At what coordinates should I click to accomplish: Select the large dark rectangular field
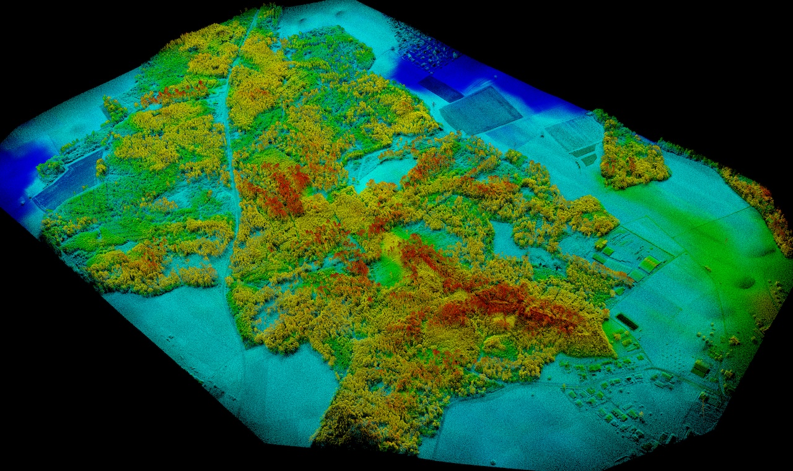[x=480, y=110]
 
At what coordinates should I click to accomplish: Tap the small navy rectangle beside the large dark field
[x=441, y=89]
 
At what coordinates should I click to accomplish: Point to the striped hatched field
[x=574, y=132]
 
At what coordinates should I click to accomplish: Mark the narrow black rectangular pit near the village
[x=627, y=322]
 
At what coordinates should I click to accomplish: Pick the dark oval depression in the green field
[x=745, y=283]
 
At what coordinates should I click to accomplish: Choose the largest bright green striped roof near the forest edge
[x=649, y=264]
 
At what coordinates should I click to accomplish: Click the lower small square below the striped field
[x=589, y=160]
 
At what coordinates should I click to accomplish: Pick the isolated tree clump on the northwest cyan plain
[x=114, y=110]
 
